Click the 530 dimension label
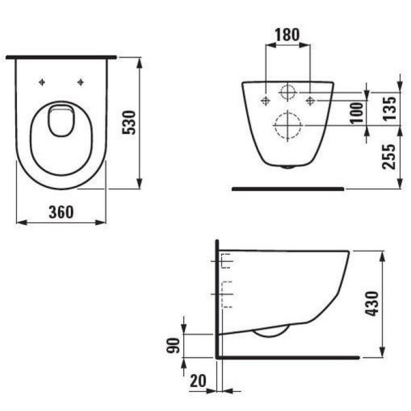129,123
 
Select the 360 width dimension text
61,212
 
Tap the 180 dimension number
287,35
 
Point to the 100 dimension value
356,113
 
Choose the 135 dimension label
389,109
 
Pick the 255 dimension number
389,157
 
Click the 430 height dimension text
372,304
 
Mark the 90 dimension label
174,345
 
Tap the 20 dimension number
198,380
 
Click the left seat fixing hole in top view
42,82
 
